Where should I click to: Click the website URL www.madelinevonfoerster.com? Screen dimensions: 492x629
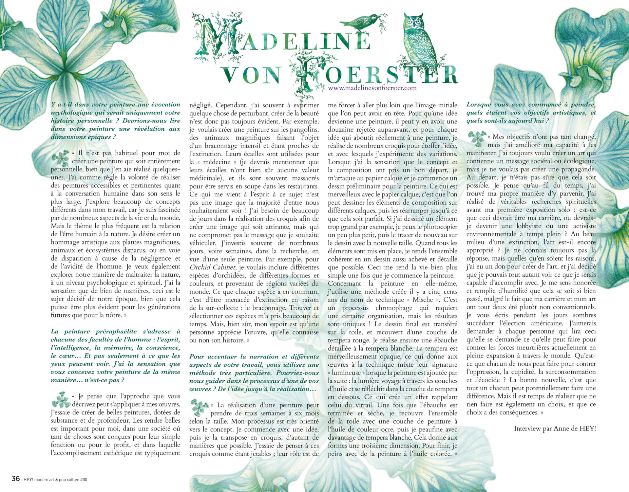coord(372,88)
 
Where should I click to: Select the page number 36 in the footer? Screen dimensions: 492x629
coord(15,479)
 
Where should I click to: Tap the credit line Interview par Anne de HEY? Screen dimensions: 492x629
coord(555,428)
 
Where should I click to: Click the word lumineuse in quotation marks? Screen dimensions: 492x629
coord(348,373)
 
